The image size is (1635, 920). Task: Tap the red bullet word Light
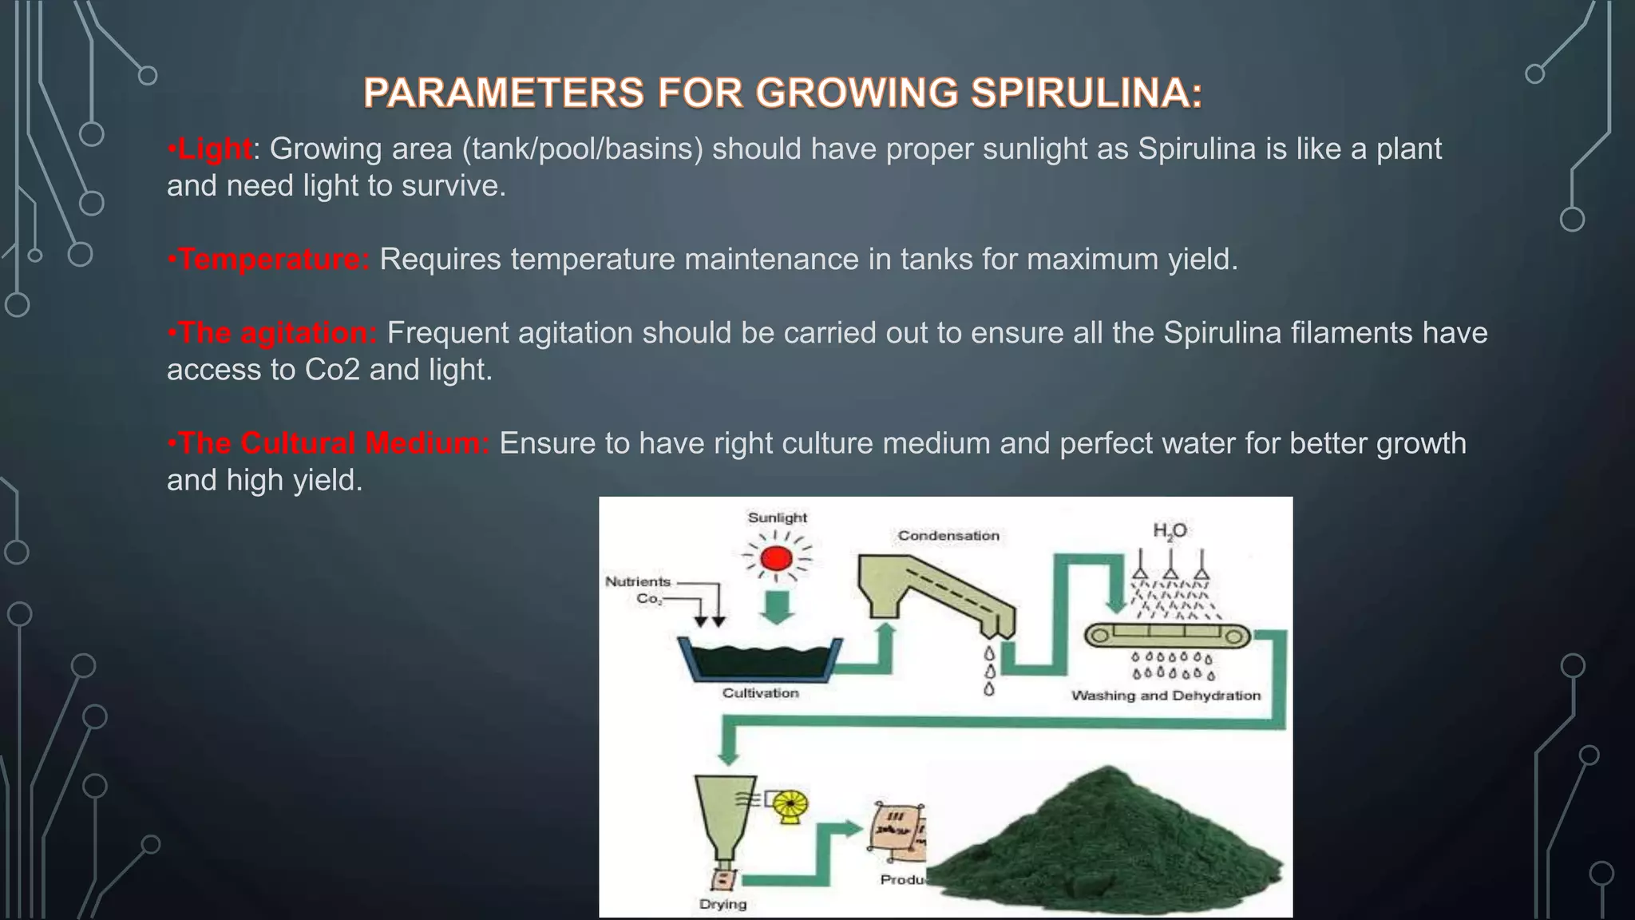click(214, 149)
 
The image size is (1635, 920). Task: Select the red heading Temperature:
click(273, 260)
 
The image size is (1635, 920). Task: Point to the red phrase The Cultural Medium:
click(333, 443)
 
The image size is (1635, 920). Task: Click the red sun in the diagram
click(777, 557)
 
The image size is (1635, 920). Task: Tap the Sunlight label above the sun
click(777, 517)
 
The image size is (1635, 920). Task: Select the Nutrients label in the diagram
click(638, 581)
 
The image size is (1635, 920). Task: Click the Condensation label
click(948, 535)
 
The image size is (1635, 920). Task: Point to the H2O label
click(1170, 531)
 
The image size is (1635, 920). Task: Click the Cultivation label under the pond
click(760, 693)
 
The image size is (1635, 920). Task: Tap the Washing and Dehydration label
click(1166, 696)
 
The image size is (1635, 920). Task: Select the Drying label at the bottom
click(722, 904)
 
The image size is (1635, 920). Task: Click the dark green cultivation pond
click(758, 661)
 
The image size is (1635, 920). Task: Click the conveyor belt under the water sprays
click(1166, 636)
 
